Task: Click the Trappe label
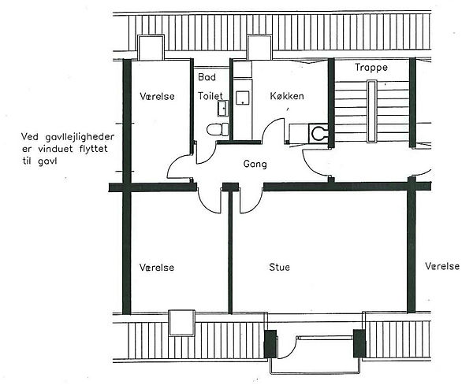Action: (x=371, y=67)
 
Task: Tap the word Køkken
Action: (x=287, y=96)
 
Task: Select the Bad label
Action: (x=207, y=77)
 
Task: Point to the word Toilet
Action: (x=210, y=96)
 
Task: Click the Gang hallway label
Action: (x=255, y=165)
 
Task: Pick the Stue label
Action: (x=279, y=267)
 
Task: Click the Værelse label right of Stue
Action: (x=442, y=266)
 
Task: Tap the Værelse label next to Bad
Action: (x=157, y=96)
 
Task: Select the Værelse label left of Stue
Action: (x=157, y=268)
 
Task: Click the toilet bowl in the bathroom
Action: (x=218, y=129)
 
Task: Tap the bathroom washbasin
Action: (x=222, y=109)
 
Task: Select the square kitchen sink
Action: (x=243, y=98)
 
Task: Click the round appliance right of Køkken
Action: (x=318, y=133)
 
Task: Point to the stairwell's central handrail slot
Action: (x=371, y=111)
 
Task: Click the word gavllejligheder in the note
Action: (x=80, y=137)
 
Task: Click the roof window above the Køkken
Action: (x=259, y=47)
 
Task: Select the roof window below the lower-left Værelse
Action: (x=181, y=323)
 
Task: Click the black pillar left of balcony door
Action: (x=270, y=344)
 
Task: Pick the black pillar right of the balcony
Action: (x=359, y=343)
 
